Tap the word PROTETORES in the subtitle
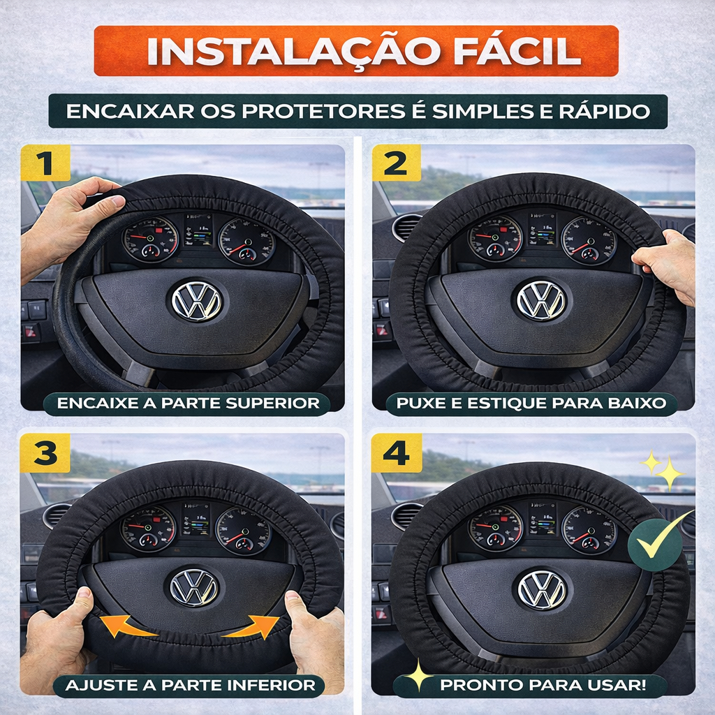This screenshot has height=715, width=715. [x=323, y=111]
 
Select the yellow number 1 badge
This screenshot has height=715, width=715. [x=45, y=163]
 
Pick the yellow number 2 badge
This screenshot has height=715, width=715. [x=396, y=163]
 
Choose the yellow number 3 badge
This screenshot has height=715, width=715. [x=45, y=452]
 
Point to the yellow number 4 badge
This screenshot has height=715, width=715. [x=397, y=452]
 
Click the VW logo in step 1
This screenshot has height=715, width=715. [x=196, y=301]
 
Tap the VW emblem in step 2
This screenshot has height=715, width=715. [x=541, y=300]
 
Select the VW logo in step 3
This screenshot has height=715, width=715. [x=194, y=587]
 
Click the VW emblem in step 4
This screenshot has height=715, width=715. [x=542, y=589]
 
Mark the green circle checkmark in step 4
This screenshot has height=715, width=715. [x=655, y=544]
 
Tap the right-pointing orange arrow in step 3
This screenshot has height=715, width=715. [x=252, y=626]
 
